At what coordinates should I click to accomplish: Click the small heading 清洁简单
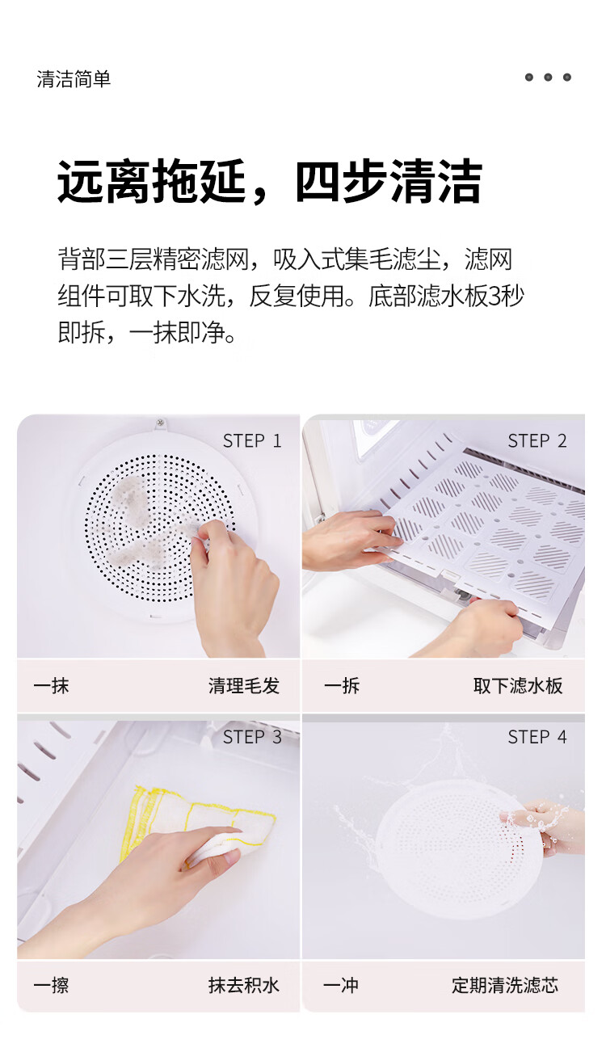point(74,78)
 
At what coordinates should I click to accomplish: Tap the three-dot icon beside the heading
point(548,78)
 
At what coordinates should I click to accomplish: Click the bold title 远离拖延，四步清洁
point(269,182)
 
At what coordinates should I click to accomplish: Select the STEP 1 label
point(252,440)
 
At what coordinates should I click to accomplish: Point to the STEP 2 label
point(537,440)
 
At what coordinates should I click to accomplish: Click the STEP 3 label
point(252,737)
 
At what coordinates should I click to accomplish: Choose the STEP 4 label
point(537,737)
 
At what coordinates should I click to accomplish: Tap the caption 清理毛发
point(244,686)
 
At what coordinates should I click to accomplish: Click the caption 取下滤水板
point(518,686)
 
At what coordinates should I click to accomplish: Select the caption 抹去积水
point(244,985)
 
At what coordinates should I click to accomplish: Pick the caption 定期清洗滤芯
point(505,985)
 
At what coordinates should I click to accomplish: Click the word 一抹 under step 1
point(51,686)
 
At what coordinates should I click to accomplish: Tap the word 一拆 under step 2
point(342,686)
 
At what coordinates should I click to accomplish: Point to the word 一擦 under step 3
point(51,985)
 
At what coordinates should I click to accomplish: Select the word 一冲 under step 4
point(341,985)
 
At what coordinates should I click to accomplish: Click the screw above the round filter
point(161,423)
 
